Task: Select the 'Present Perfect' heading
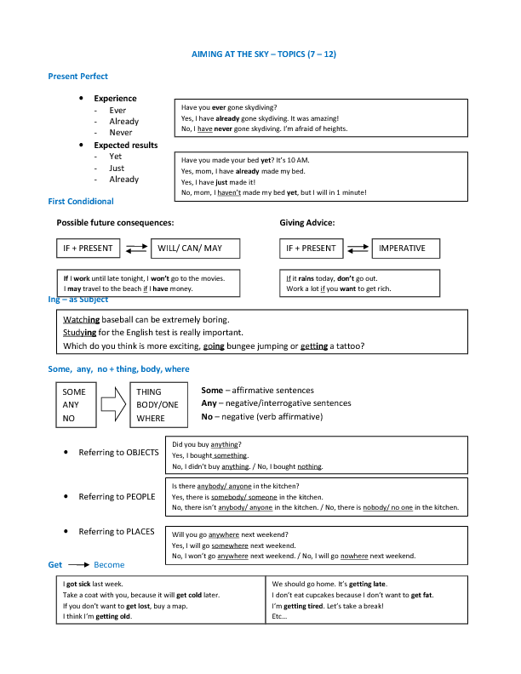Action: click(77, 77)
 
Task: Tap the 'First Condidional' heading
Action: click(81, 202)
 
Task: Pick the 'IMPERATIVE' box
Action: click(408, 248)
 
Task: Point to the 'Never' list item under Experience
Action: click(121, 133)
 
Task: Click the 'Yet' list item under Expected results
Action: click(116, 157)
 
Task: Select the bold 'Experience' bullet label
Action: click(115, 99)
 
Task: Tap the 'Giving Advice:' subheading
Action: click(307, 223)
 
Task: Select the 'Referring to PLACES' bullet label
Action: click(117, 532)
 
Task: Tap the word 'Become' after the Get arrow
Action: click(109, 565)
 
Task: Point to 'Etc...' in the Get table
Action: click(280, 616)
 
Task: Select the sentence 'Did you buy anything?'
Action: click(206, 444)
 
